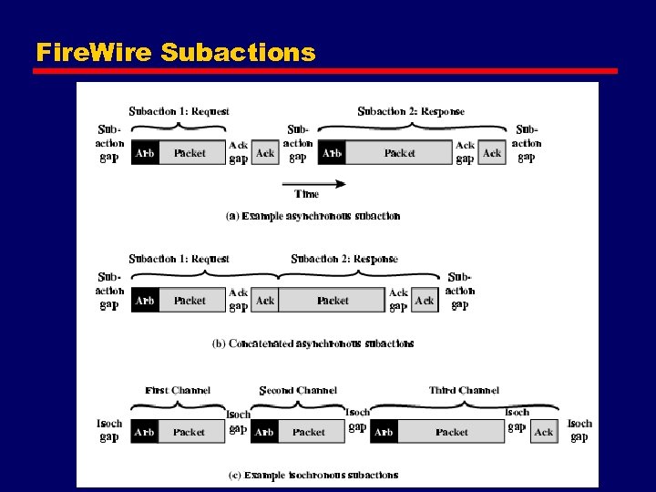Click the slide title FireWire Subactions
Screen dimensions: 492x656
175,52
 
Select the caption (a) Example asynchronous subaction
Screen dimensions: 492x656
313,216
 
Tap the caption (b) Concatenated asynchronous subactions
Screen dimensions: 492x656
313,343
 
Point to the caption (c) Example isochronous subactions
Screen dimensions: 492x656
313,475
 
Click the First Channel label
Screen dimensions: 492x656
178,390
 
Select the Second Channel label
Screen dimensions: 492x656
298,390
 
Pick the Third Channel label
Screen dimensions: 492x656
464,390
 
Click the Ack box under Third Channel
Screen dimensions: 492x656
544,432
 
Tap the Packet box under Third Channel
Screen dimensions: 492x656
452,432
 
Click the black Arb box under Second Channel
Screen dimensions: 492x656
264,432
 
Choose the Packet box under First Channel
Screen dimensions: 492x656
190,432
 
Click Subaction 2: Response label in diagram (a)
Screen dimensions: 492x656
411,111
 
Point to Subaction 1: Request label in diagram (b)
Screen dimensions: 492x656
179,259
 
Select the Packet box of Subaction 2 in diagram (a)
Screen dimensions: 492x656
399,153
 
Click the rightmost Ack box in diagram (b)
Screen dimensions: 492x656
425,301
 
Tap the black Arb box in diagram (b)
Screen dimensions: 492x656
144,301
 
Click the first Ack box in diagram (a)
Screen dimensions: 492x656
265,153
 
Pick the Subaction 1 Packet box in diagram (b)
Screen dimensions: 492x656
190,301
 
